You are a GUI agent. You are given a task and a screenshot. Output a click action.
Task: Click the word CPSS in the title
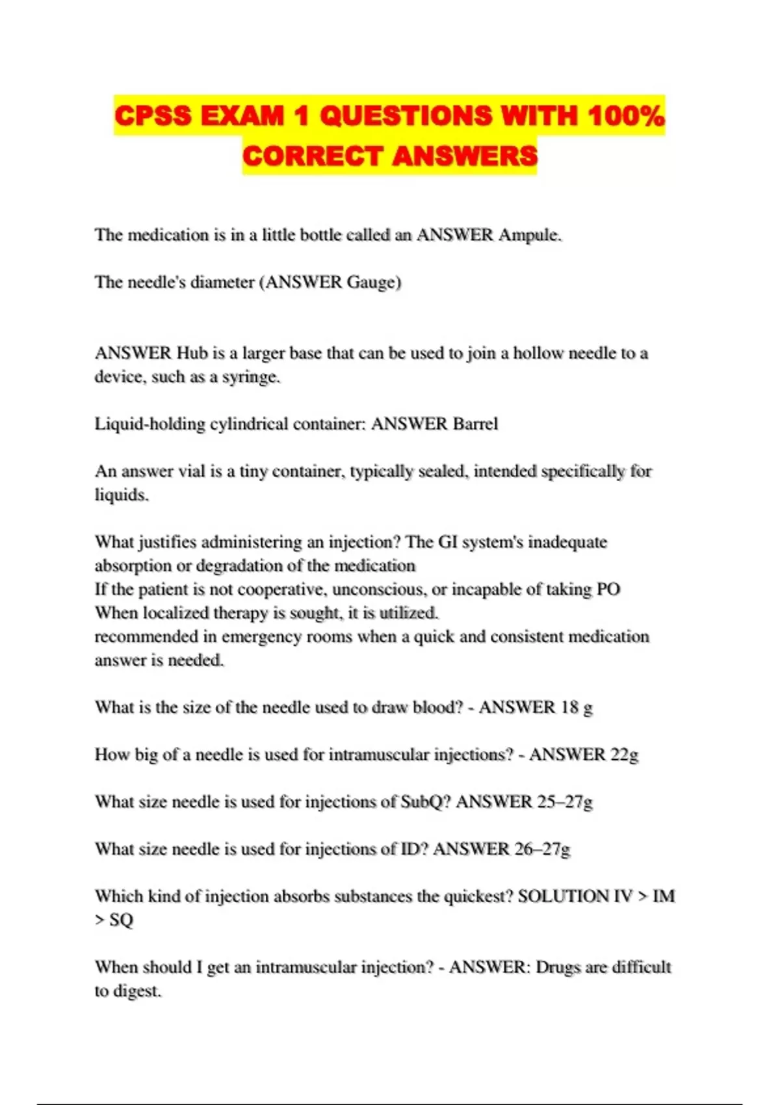point(153,116)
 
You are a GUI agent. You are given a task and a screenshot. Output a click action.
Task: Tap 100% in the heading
point(626,116)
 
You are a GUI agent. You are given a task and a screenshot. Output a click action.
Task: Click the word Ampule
point(529,235)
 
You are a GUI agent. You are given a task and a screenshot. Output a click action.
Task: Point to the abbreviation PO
point(608,590)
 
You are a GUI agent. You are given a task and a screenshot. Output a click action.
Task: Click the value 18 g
point(577,707)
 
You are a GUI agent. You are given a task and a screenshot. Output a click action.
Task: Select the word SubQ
point(425,802)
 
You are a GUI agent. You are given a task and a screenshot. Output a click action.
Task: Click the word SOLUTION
point(563,896)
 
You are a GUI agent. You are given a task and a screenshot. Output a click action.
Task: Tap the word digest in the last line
point(136,991)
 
